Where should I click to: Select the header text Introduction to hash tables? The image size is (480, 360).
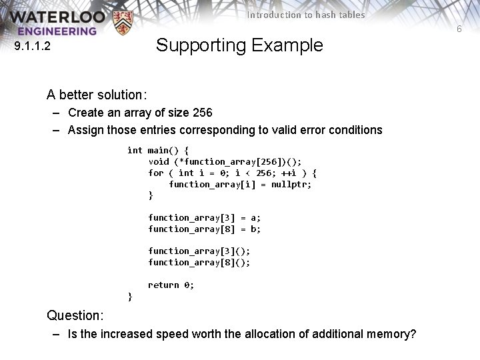[x=306, y=15]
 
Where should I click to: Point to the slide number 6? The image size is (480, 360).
[x=459, y=29]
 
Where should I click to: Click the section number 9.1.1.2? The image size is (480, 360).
[x=37, y=47]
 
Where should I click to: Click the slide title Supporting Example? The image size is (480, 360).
[x=239, y=45]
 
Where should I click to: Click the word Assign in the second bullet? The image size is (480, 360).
[x=85, y=130]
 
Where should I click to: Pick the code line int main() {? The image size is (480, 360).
[x=158, y=150]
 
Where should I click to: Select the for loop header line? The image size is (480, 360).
[x=232, y=173]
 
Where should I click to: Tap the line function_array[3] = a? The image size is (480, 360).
[x=204, y=217]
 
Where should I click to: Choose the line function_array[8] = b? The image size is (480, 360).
[x=204, y=229]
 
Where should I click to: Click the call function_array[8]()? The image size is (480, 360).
[x=199, y=262]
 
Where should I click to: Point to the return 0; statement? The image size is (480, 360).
[x=171, y=285]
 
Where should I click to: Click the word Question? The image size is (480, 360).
[x=75, y=315]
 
